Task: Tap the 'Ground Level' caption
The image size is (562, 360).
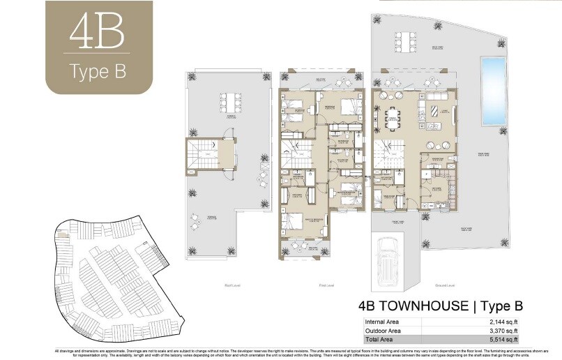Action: tap(444, 285)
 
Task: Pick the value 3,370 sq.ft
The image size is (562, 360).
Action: tap(501, 329)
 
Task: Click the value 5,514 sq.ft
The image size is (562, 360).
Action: tap(501, 338)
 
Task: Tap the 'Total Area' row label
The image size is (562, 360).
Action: tap(379, 338)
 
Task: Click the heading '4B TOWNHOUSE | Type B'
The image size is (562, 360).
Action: tap(440, 306)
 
